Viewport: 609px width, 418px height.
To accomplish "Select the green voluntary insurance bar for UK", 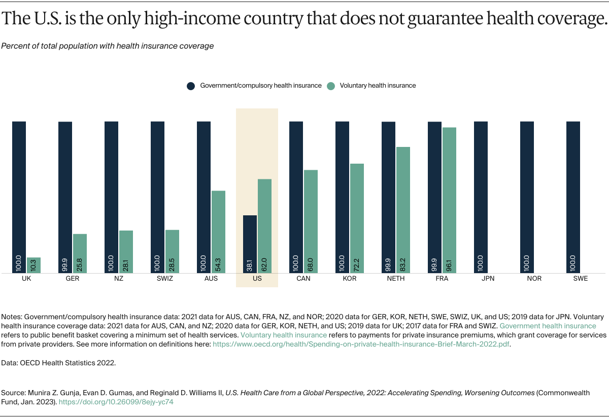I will [x=33, y=265].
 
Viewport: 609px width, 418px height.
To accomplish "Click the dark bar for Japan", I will [x=481, y=197].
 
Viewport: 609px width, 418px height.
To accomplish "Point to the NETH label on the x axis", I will [x=396, y=279].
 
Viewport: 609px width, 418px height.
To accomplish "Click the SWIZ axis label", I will [x=165, y=279].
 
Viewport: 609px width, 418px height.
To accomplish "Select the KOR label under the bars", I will [x=350, y=279].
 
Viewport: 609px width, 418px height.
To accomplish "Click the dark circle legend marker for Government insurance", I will [x=191, y=86].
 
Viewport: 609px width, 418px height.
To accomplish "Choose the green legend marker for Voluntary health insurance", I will [x=331, y=86].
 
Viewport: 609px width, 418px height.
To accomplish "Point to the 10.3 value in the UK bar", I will [x=33, y=264].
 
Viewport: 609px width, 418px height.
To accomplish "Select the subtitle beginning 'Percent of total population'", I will [x=108, y=46].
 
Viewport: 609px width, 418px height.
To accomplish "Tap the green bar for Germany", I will [x=80, y=253].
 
